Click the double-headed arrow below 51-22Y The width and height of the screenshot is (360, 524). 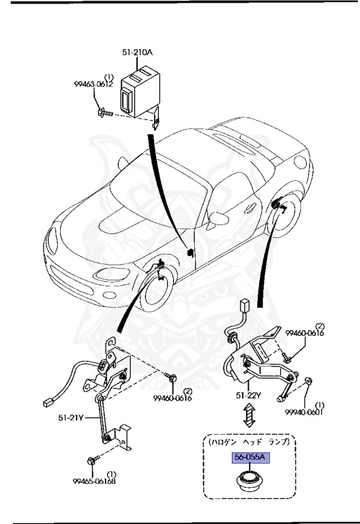click(x=250, y=418)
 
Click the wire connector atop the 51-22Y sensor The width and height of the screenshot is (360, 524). click(x=243, y=305)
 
